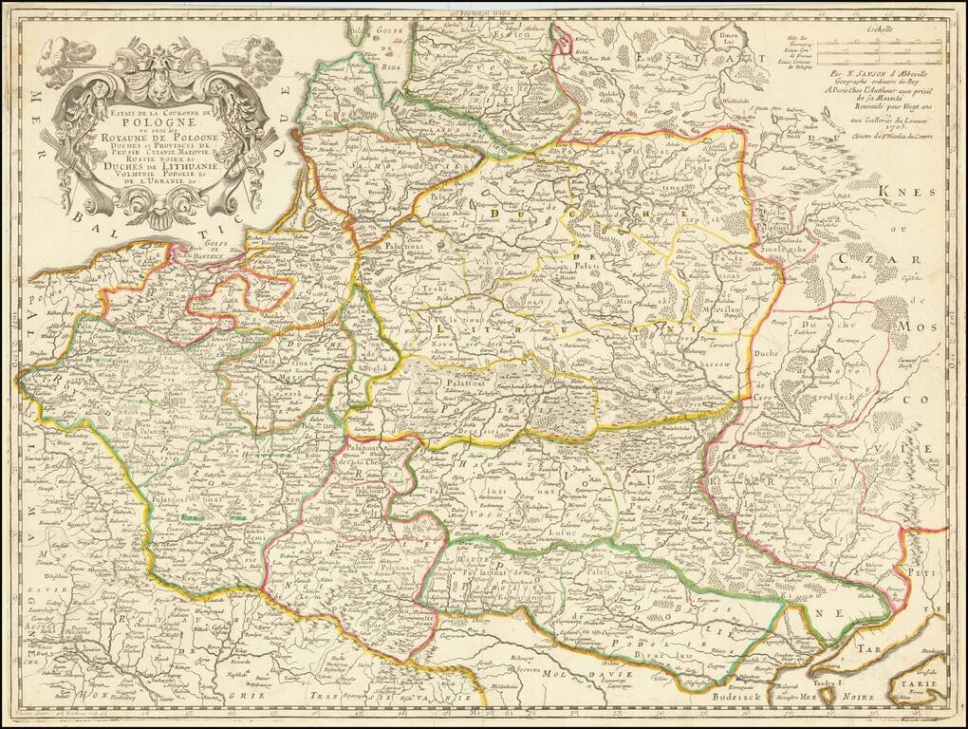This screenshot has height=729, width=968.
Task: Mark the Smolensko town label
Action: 785,242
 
